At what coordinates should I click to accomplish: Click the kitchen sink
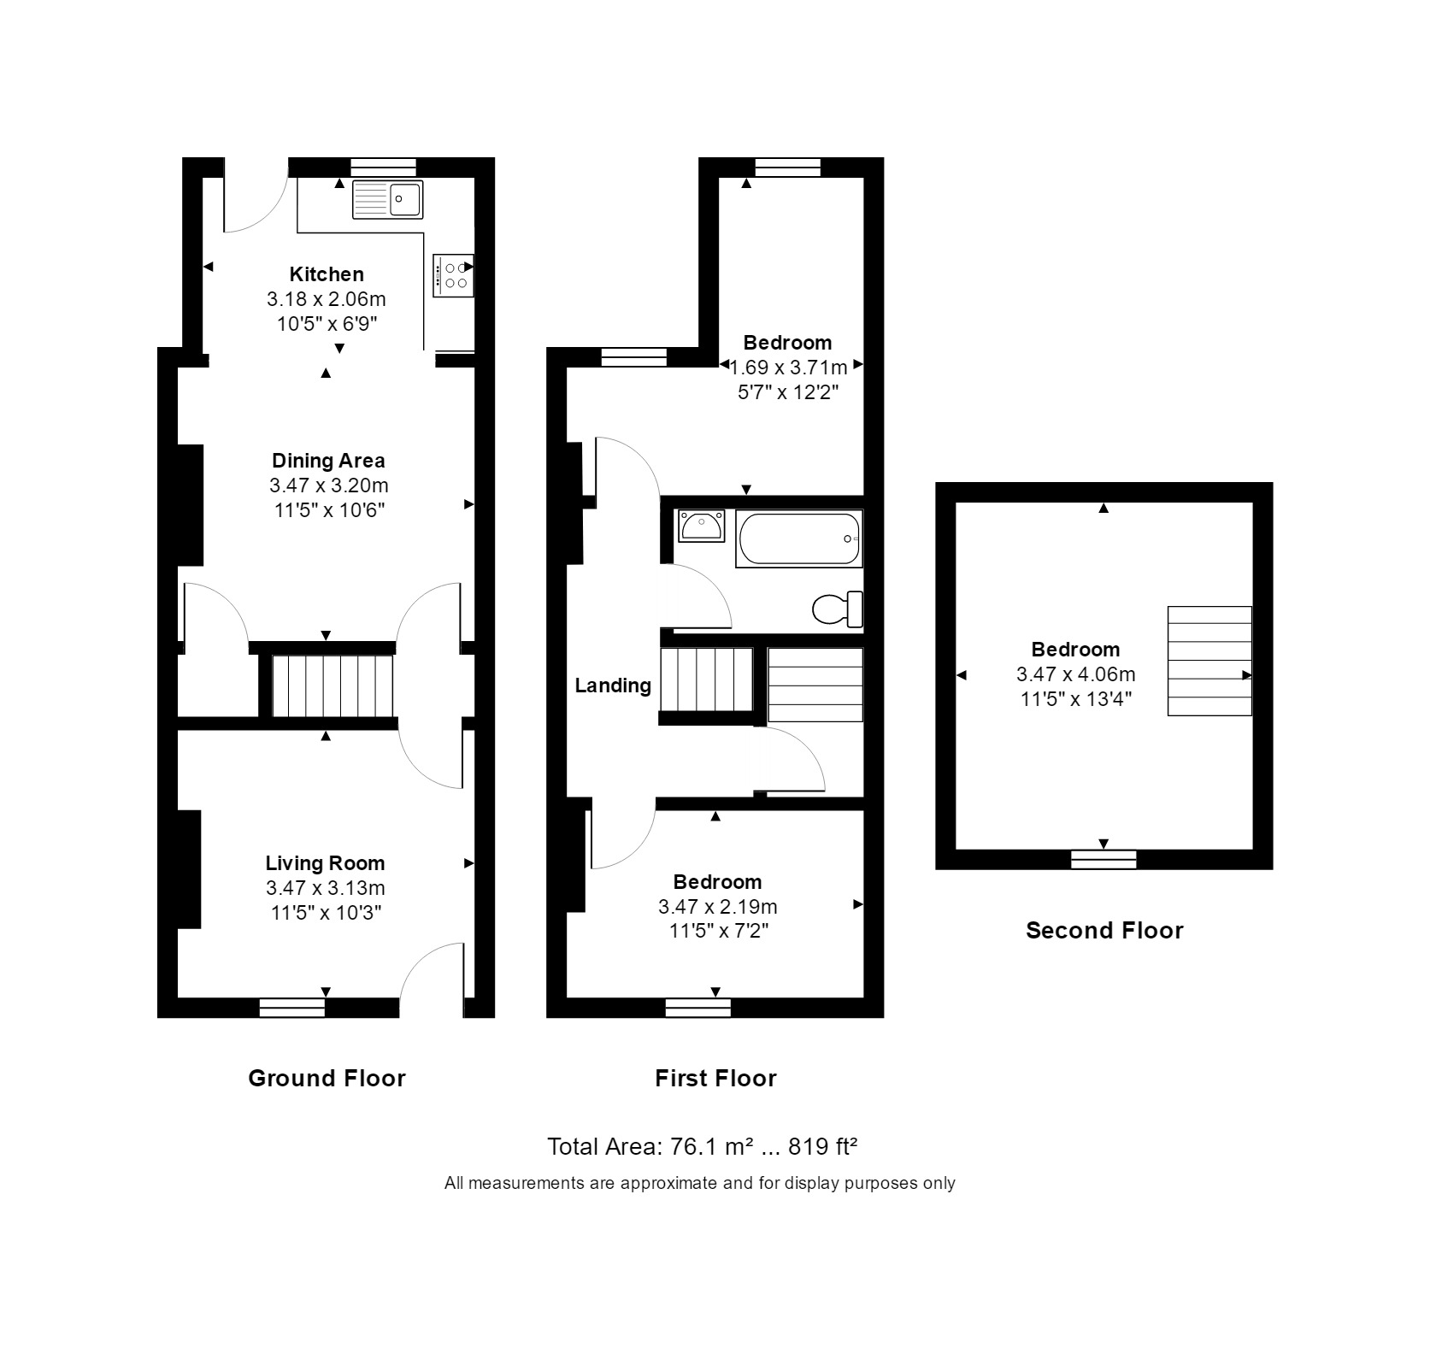(x=387, y=199)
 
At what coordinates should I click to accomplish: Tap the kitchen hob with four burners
(x=453, y=275)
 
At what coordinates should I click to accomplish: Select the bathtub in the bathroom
(x=799, y=538)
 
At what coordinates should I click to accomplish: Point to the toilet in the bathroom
(x=837, y=609)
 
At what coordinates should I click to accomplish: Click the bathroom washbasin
(x=701, y=526)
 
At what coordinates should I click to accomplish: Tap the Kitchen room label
(x=327, y=274)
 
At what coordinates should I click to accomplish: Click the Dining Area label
(x=328, y=461)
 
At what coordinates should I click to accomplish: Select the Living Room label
(x=325, y=863)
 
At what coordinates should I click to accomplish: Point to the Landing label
(x=613, y=685)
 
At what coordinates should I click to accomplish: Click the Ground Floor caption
(x=327, y=1078)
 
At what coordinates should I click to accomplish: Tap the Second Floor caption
(x=1104, y=931)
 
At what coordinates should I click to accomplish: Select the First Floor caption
(x=715, y=1078)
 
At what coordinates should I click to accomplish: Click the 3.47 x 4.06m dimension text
(x=1075, y=674)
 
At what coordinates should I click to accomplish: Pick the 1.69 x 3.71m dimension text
(x=788, y=368)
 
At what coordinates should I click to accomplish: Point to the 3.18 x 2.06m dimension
(x=327, y=299)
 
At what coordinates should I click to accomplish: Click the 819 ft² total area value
(x=822, y=1146)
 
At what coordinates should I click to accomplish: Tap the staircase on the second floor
(x=1209, y=661)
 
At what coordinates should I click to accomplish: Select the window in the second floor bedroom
(x=1104, y=859)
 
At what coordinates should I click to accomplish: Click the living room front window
(x=292, y=1008)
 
